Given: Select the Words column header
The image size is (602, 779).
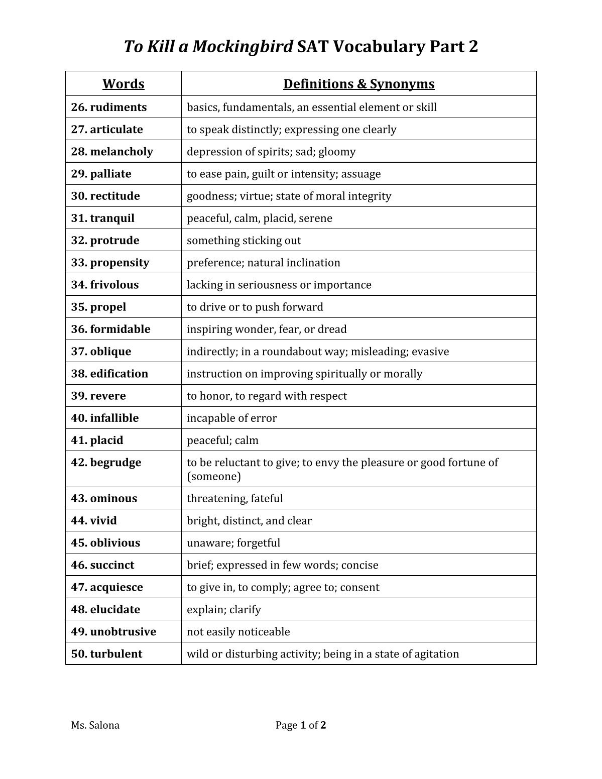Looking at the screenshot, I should pyautogui.click(x=124, y=84).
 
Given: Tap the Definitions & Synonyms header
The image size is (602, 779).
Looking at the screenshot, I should pyautogui.click(x=358, y=84).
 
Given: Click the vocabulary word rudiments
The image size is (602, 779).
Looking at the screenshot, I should pyautogui.click(x=118, y=107).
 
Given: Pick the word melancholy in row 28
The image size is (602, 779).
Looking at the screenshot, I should pyautogui.click(x=122, y=152).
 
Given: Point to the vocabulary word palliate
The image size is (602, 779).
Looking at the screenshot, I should pyautogui.click(x=110, y=174).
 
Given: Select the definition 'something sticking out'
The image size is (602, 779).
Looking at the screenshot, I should pyautogui.click(x=244, y=241).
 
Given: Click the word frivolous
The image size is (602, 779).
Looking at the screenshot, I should pyautogui.click(x=114, y=285).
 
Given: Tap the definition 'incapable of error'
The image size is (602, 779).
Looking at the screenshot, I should pyautogui.click(x=231, y=418).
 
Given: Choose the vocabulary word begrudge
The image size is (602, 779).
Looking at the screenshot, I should pyautogui.click(x=115, y=462).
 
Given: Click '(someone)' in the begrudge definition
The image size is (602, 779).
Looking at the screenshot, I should pyautogui.click(x=214, y=477).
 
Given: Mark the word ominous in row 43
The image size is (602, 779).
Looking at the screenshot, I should pyautogui.click(x=113, y=499).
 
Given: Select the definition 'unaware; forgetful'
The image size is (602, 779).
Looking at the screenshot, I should pyautogui.click(x=233, y=543).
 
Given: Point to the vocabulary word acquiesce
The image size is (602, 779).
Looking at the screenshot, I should pyautogui.click(x=116, y=587).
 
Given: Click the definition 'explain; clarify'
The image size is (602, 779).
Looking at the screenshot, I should pyautogui.click(x=224, y=610).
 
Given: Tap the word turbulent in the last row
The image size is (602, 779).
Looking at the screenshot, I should pyautogui.click(x=116, y=654).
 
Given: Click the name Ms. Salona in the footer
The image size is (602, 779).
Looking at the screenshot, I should pyautogui.click(x=95, y=725).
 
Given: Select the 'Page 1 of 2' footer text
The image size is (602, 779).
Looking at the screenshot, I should pyautogui.click(x=301, y=725).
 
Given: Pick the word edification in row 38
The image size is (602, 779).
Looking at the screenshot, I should pyautogui.click(x=119, y=374).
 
